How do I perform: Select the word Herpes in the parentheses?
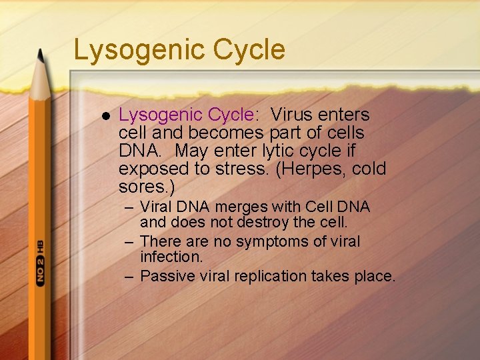pyautogui.click(x=308, y=168)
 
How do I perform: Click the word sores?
pyautogui.click(x=138, y=186)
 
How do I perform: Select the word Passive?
pyautogui.click(x=167, y=275)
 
